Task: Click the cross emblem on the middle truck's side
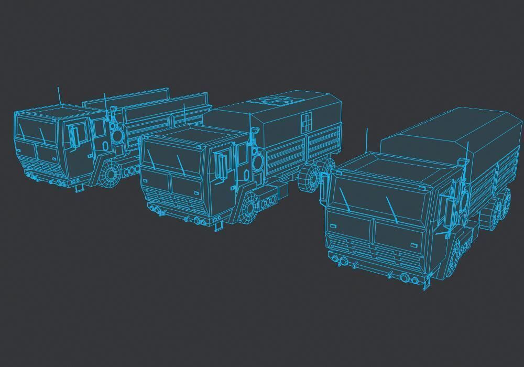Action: pos(307,124)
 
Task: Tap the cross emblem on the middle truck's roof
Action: pos(274,100)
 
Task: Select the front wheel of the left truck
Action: pos(111,174)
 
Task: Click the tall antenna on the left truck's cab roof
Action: pos(59,95)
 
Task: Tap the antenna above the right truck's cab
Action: pos(367,139)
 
